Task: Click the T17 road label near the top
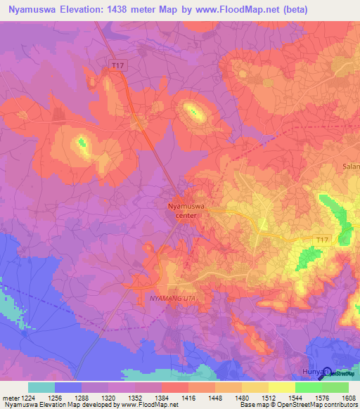[117, 65]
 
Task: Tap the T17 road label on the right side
[322, 241]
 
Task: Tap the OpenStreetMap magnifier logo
[327, 375]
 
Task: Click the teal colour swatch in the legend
[41, 387]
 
